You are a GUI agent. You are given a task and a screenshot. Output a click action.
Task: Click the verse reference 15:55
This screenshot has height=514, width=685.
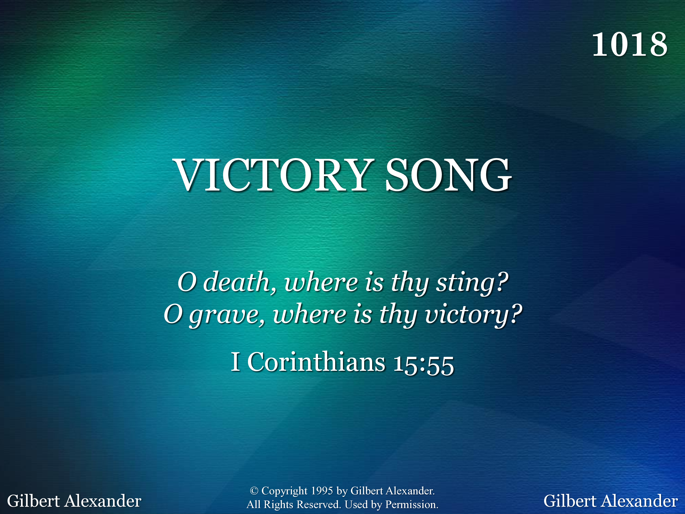coord(423,365)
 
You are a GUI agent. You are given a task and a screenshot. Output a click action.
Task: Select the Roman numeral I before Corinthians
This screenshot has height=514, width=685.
coord(235,362)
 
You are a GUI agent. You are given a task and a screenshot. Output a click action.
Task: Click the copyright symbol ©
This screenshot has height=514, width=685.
coord(254,490)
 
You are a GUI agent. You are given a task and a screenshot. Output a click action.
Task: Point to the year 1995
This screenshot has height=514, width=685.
coord(322,490)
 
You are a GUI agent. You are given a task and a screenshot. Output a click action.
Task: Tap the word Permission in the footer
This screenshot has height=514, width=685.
coord(411,505)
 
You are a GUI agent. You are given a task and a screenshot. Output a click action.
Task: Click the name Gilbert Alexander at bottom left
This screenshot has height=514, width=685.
coord(74,501)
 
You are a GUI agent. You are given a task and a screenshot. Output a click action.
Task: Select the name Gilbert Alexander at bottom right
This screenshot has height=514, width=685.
coord(611,501)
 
